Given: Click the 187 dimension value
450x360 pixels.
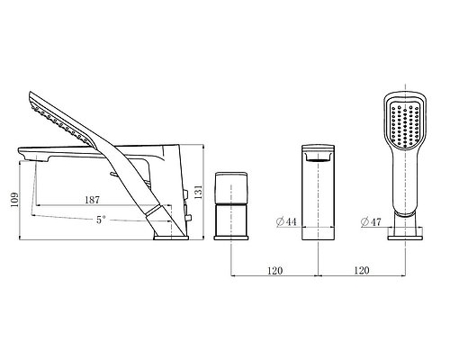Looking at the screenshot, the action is click(92, 200).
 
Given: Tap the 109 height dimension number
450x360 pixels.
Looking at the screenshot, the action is click(14, 200).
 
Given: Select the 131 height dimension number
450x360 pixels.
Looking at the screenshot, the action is click(198, 192).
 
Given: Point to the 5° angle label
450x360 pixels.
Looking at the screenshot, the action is click(101, 220).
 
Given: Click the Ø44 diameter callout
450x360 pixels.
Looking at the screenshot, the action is click(286, 221).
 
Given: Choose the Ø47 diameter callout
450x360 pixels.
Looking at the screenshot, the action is click(371, 222).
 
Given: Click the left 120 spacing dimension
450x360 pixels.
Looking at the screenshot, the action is click(275, 271).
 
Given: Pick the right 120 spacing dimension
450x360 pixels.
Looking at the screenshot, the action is click(362, 271).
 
